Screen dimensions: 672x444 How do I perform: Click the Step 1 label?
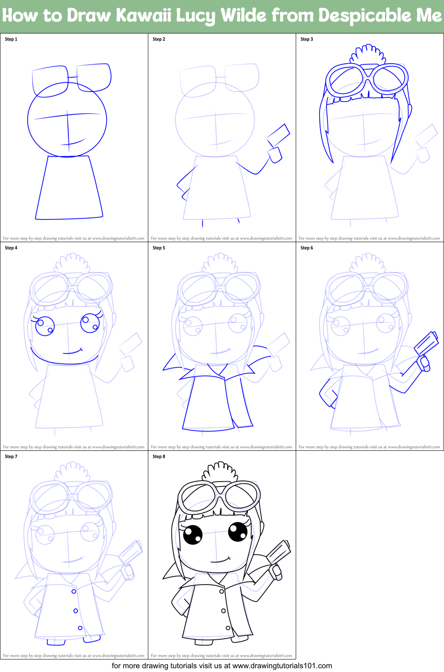(x=11, y=39)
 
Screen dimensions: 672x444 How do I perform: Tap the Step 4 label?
(x=11, y=248)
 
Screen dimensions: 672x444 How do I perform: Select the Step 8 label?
(x=159, y=457)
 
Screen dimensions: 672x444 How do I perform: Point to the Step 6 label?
(x=307, y=248)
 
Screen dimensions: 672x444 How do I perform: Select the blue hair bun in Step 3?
(x=368, y=54)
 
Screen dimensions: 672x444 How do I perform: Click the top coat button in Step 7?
(x=74, y=591)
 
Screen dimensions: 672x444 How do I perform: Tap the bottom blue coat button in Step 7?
(x=80, y=628)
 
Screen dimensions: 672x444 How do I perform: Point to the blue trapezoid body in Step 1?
(x=69, y=188)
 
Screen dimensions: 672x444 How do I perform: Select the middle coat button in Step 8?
(x=223, y=611)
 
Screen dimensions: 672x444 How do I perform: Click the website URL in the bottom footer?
(x=282, y=666)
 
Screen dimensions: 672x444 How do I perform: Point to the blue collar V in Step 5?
(x=218, y=370)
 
